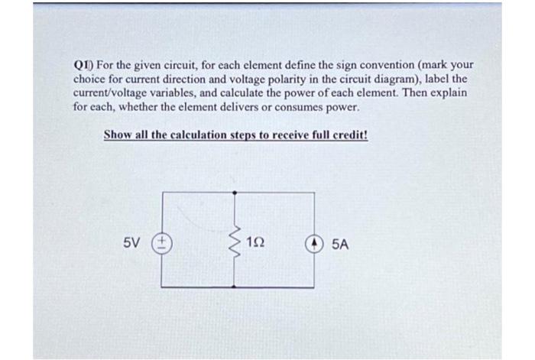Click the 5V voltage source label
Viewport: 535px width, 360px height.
coord(131,244)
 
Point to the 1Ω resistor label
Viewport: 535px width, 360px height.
coord(258,244)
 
